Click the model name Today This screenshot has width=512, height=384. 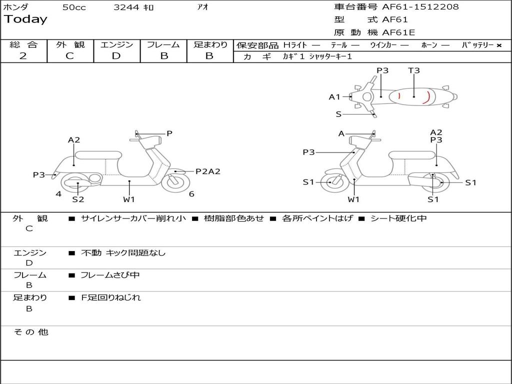click(25, 19)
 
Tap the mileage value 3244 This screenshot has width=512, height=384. click(126, 7)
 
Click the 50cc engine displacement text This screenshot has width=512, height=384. click(74, 7)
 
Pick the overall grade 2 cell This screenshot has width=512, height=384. click(23, 56)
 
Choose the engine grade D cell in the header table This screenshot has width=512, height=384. click(116, 56)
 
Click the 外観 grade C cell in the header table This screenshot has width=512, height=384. click(69, 56)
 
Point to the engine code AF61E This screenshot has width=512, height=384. click(398, 33)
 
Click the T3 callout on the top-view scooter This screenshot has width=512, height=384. click(414, 70)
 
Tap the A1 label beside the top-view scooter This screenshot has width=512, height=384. click(334, 97)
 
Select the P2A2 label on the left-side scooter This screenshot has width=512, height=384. click(207, 171)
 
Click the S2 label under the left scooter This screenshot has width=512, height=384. click(78, 199)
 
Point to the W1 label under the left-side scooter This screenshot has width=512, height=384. click(129, 199)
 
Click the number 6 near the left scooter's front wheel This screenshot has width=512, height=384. click(191, 194)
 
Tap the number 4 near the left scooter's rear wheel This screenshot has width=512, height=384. click(58, 194)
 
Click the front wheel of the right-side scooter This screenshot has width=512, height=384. click(331, 182)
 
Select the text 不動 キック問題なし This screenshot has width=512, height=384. click(123, 253)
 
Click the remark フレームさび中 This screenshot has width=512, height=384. click(110, 275)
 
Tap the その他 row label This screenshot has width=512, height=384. click(30, 332)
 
